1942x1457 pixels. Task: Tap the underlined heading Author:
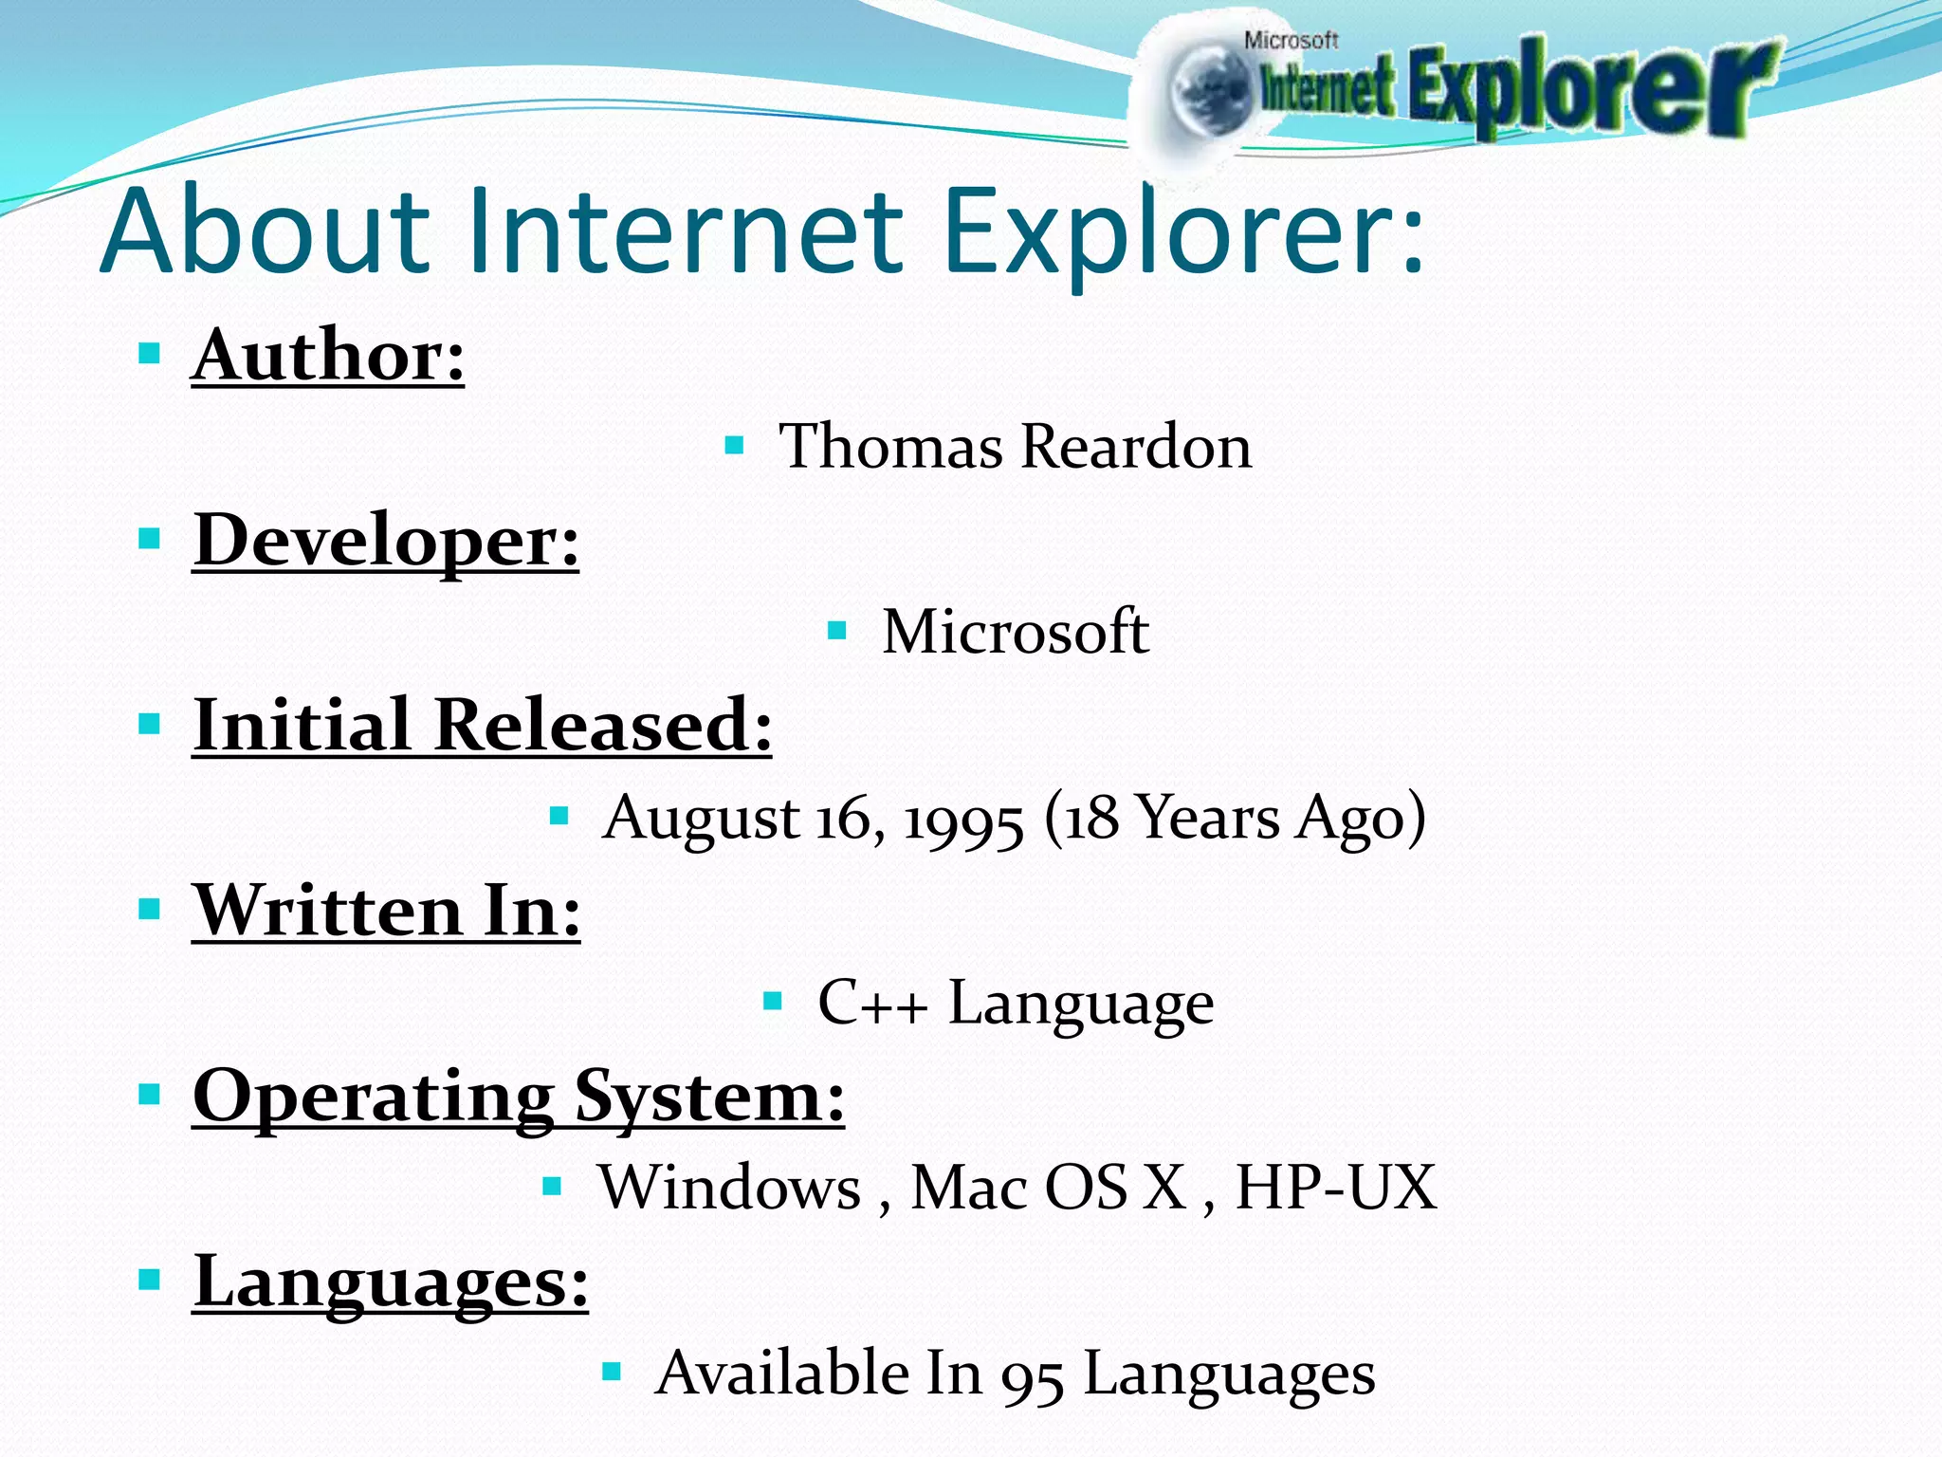point(328,355)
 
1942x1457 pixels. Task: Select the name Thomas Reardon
point(1015,446)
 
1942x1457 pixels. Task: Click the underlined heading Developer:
point(386,540)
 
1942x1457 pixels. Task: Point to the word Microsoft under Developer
point(1016,632)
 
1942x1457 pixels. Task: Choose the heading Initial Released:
point(483,725)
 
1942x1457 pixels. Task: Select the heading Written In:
point(387,911)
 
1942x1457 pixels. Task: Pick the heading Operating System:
point(518,1097)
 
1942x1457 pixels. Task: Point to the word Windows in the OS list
point(729,1188)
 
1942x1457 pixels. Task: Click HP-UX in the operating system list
point(1336,1188)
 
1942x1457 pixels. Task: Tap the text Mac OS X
point(1048,1188)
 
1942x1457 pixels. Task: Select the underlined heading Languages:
point(391,1282)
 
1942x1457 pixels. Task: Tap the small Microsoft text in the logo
point(1291,40)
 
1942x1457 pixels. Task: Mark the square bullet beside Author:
point(149,355)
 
